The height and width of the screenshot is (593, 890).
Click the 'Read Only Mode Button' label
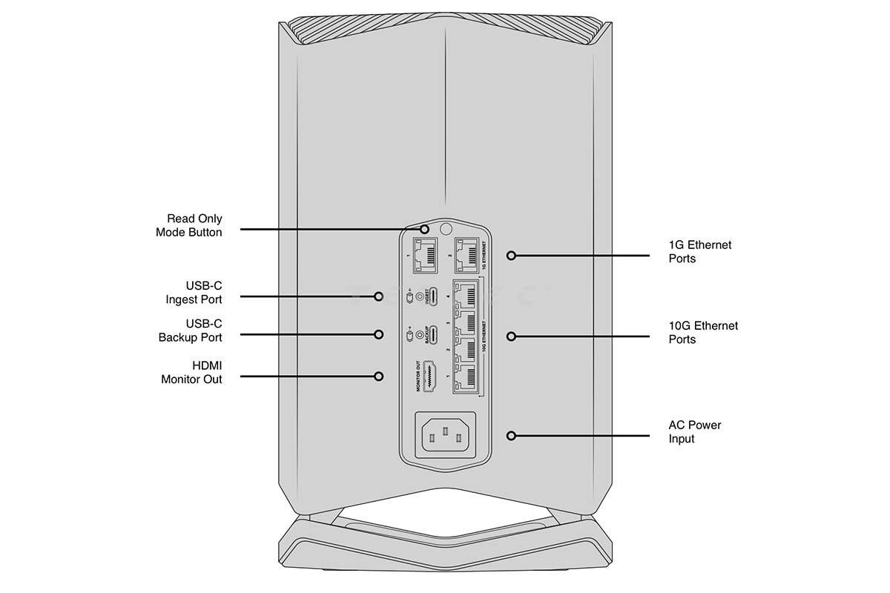point(188,225)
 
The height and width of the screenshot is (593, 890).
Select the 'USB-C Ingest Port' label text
point(194,293)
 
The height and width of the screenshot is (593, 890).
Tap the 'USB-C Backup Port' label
point(190,331)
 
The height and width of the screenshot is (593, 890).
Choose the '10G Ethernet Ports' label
point(703,333)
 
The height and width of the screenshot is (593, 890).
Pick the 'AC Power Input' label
point(694,432)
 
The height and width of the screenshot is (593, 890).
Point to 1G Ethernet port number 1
point(425,256)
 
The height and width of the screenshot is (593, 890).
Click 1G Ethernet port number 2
point(466,256)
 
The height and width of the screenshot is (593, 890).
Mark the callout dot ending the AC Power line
point(511,436)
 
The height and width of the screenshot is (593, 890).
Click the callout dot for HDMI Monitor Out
point(379,376)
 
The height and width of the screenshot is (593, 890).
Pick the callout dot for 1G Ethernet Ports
point(511,256)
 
